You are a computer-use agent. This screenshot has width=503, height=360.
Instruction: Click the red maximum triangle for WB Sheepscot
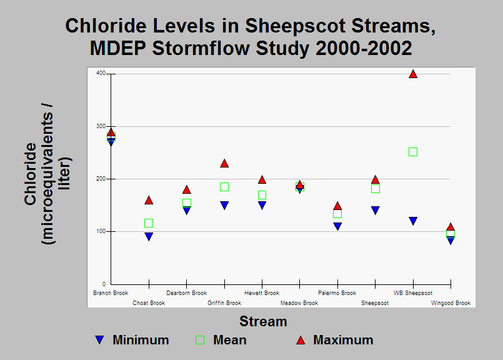[x=413, y=74]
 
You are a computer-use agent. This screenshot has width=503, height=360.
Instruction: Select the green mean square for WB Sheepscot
[x=413, y=152]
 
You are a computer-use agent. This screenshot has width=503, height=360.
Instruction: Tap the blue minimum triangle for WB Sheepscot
[x=413, y=221]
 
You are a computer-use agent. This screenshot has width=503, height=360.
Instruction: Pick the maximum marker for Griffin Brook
[x=224, y=164]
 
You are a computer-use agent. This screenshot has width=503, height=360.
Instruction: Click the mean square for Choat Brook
[x=149, y=223]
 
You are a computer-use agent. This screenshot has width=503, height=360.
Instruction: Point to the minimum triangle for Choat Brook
[x=149, y=236]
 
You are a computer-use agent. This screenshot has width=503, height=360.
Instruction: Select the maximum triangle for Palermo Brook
[x=337, y=206]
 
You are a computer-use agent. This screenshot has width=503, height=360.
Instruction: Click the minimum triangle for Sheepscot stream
[x=376, y=211]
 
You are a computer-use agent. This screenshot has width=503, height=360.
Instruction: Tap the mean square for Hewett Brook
[x=262, y=195]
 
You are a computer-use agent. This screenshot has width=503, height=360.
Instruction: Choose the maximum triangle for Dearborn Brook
[x=187, y=190]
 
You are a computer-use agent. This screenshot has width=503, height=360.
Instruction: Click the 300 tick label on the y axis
[x=101, y=126]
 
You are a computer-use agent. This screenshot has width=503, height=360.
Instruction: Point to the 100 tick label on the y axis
[x=101, y=231]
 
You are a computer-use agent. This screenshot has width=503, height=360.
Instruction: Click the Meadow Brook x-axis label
[x=299, y=303]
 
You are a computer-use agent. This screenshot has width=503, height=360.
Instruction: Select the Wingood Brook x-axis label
[x=451, y=303]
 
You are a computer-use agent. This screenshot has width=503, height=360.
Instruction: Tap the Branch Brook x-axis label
[x=111, y=293]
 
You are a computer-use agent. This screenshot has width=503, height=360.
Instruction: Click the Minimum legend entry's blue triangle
[x=100, y=340]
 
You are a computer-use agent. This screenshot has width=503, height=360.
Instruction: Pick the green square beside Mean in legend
[x=200, y=340]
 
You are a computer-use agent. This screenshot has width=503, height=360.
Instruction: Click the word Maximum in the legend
[x=343, y=340]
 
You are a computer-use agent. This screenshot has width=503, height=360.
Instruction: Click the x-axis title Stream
[x=263, y=321]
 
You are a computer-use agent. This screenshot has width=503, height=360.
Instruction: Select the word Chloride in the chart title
[x=106, y=26]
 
